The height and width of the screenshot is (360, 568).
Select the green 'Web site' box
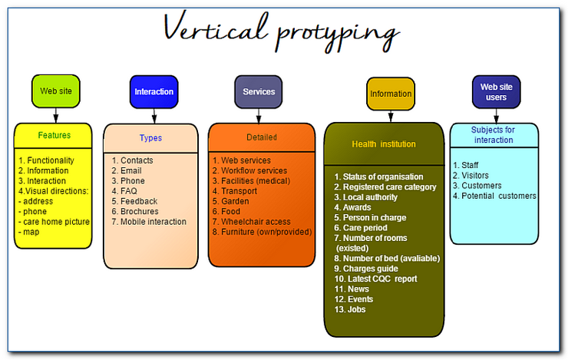tap(55, 91)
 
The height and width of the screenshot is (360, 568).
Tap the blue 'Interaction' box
tap(154, 91)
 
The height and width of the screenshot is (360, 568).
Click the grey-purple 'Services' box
tap(259, 91)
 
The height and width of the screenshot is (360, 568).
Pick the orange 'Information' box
tap(391, 94)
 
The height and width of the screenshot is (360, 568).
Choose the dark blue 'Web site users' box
tap(496, 92)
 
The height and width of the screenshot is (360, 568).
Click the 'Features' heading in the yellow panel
tap(54, 135)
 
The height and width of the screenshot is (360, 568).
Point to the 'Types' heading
tap(150, 138)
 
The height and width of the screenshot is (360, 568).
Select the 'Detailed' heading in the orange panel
tap(262, 137)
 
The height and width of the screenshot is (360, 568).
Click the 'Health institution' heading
tap(384, 144)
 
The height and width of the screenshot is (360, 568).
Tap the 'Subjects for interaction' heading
tap(494, 135)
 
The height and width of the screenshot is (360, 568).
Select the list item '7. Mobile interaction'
tap(149, 222)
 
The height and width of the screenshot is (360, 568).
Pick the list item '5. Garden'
tap(235, 201)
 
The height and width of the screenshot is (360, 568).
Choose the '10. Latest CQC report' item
tap(375, 279)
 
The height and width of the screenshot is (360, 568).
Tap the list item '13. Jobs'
tap(350, 309)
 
